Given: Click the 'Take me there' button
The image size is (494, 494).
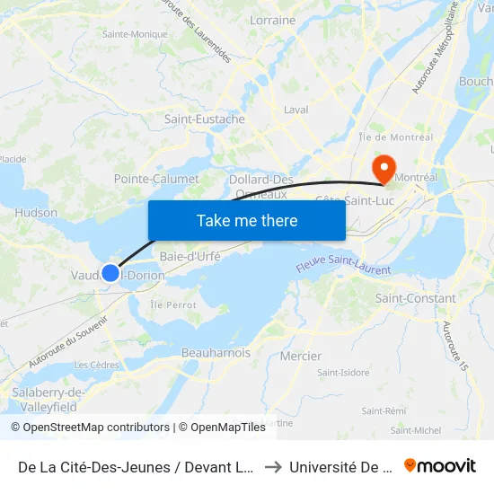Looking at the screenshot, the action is point(247,220).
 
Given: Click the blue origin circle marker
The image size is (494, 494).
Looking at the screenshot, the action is point(110,272).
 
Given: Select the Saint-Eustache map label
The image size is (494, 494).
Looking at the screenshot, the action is point(205,119).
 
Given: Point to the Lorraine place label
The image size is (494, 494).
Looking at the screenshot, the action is point(272,20).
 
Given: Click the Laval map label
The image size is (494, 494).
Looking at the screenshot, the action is point(296,110).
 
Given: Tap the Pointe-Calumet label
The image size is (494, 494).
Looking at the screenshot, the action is point(156,179).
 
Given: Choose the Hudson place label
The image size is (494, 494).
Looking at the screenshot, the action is point(37,213).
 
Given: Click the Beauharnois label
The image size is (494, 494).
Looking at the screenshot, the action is point(216,353).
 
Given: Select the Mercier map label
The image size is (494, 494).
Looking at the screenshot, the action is point(301,356).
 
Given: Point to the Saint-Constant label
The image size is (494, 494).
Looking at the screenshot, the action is point(416,298).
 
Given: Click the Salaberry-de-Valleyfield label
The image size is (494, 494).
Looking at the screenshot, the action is point(49,399).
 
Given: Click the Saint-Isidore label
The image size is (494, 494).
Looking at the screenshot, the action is point(343,372).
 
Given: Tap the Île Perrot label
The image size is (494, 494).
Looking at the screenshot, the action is point(173,305).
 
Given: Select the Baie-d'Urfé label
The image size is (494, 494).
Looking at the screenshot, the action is point(190,256).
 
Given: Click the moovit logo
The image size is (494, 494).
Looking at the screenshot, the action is point(440,465).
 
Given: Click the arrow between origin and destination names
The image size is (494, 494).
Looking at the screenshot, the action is point(272,466).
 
